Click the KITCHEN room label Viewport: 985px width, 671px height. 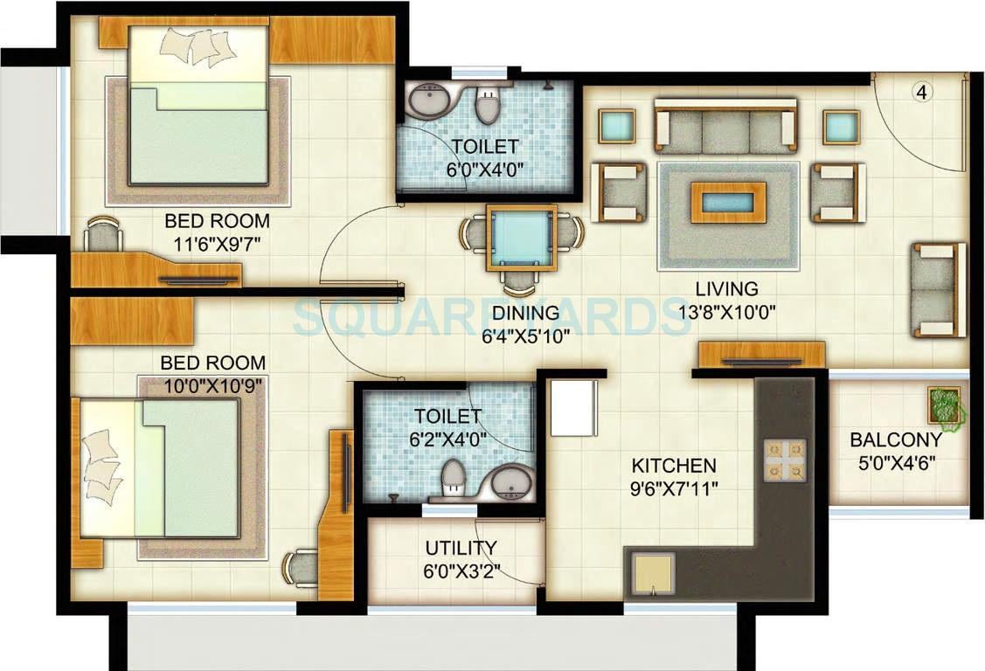point(674,467)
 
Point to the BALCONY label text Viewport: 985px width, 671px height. point(896,440)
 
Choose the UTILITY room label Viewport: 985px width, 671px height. point(461,549)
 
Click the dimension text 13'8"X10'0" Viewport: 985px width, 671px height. point(725,310)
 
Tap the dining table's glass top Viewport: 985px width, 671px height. point(521,238)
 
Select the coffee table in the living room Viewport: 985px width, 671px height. point(728,203)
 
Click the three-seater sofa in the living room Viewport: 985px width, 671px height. point(725,127)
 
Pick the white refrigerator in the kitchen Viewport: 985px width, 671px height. point(574,408)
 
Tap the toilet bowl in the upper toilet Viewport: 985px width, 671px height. point(488,107)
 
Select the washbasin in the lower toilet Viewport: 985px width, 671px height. point(510,481)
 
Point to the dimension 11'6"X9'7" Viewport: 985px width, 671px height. point(217,244)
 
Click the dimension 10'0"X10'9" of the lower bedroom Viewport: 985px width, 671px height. point(213,384)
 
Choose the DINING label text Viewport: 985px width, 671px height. point(525,313)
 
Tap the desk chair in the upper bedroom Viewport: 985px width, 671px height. point(104,234)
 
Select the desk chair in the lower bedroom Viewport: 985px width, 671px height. point(300,567)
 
